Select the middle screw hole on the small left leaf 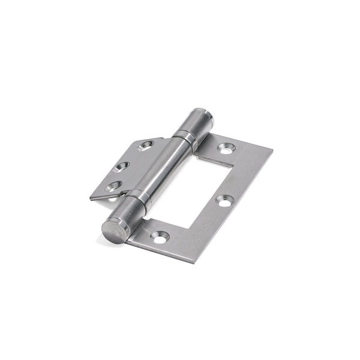click(122, 167)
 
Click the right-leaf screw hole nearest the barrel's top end click(226, 148)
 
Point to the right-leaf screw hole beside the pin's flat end click(158, 238)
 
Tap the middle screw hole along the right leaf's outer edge click(224, 202)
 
